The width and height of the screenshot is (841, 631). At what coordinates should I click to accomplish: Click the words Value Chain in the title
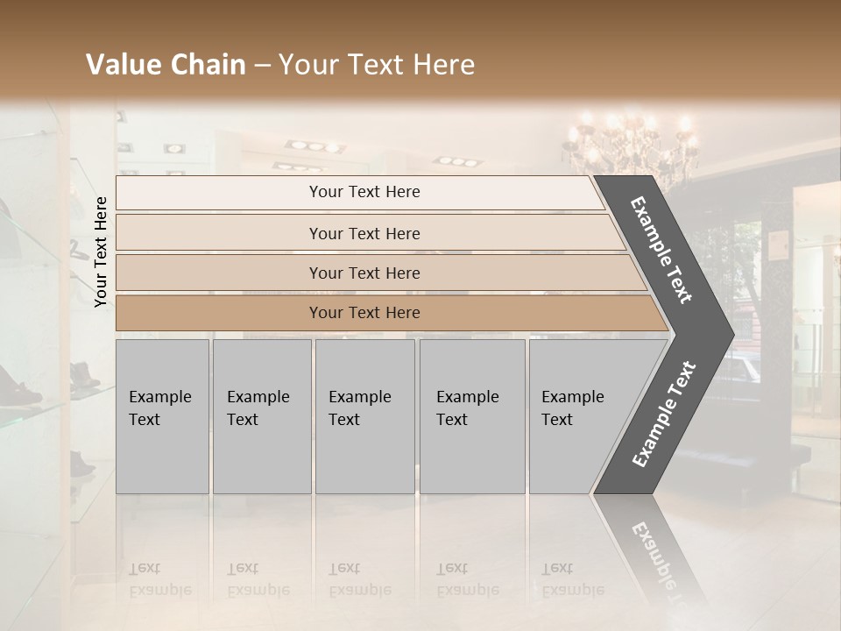tap(166, 65)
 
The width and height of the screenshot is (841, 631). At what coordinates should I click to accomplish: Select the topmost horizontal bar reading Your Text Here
tap(364, 192)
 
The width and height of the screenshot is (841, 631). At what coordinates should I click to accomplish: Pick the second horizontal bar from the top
tap(364, 233)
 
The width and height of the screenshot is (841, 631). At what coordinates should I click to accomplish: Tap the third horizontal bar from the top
tap(364, 273)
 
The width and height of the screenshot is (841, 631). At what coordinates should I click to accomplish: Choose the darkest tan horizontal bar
tap(364, 313)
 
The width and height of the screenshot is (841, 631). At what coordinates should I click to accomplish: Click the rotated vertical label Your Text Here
tap(101, 252)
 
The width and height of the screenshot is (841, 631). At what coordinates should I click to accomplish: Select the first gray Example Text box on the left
tap(162, 416)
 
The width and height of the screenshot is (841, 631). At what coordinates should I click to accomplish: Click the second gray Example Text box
tap(261, 416)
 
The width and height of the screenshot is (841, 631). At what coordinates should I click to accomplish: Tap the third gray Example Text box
tap(364, 416)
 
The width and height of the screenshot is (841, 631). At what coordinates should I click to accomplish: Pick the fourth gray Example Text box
tap(471, 416)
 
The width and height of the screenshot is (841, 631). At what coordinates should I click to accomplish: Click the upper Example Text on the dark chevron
tap(661, 251)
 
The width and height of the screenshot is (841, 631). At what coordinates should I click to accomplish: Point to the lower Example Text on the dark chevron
tap(664, 414)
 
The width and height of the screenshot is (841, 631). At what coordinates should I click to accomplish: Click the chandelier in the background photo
tap(631, 145)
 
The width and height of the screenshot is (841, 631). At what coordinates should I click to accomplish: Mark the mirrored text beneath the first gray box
tap(159, 579)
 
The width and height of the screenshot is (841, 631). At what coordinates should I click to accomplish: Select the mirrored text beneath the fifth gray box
tap(572, 579)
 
